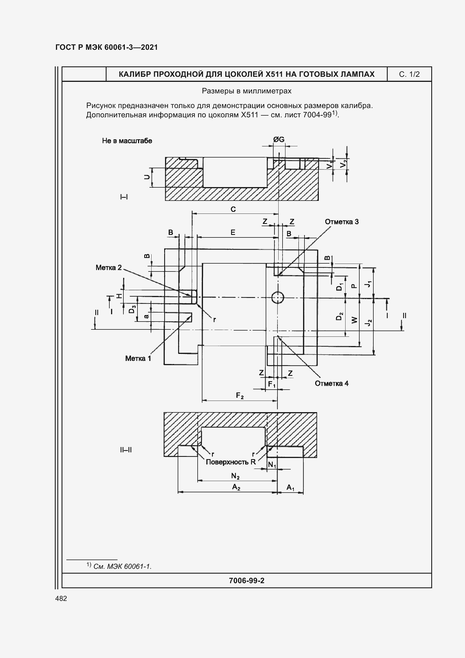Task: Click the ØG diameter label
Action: click(x=279, y=140)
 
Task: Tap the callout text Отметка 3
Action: click(x=342, y=222)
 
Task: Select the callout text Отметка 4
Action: click(x=331, y=384)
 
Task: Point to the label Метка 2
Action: click(x=109, y=268)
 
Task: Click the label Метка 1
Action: click(x=138, y=358)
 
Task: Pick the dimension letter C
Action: click(x=233, y=210)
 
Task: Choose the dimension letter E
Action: click(x=233, y=232)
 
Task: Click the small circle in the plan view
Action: click(x=277, y=298)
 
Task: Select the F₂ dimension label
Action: click(x=240, y=396)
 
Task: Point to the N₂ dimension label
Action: click(x=235, y=476)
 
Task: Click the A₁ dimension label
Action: click(x=290, y=488)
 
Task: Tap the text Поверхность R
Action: click(x=231, y=462)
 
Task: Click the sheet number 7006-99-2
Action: click(x=247, y=581)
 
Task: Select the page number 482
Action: click(x=61, y=598)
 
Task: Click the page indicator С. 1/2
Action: click(x=409, y=75)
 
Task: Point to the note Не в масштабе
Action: click(x=127, y=141)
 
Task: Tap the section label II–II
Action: click(x=126, y=450)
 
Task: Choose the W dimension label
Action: click(x=355, y=320)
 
